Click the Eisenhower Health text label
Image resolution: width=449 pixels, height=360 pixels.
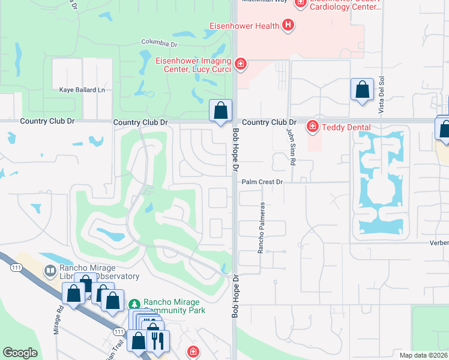tap(244, 26)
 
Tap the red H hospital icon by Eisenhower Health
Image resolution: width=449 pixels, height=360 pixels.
tap(288, 25)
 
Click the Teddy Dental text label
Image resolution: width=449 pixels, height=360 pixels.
tap(346, 127)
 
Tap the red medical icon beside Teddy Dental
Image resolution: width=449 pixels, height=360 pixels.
tap(312, 127)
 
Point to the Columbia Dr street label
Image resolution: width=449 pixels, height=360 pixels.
tap(160, 42)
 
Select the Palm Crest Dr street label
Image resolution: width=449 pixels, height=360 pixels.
tap(262, 181)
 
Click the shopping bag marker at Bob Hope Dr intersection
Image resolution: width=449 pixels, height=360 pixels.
tap(221, 110)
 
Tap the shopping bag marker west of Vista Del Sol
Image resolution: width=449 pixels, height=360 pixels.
tap(362, 90)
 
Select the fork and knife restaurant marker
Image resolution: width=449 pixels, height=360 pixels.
tap(158, 340)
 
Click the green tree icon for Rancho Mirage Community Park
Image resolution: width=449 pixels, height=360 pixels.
tap(134, 303)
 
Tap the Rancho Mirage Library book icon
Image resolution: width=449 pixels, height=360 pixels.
tap(50, 271)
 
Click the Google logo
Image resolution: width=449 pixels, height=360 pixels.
tap(20, 353)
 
